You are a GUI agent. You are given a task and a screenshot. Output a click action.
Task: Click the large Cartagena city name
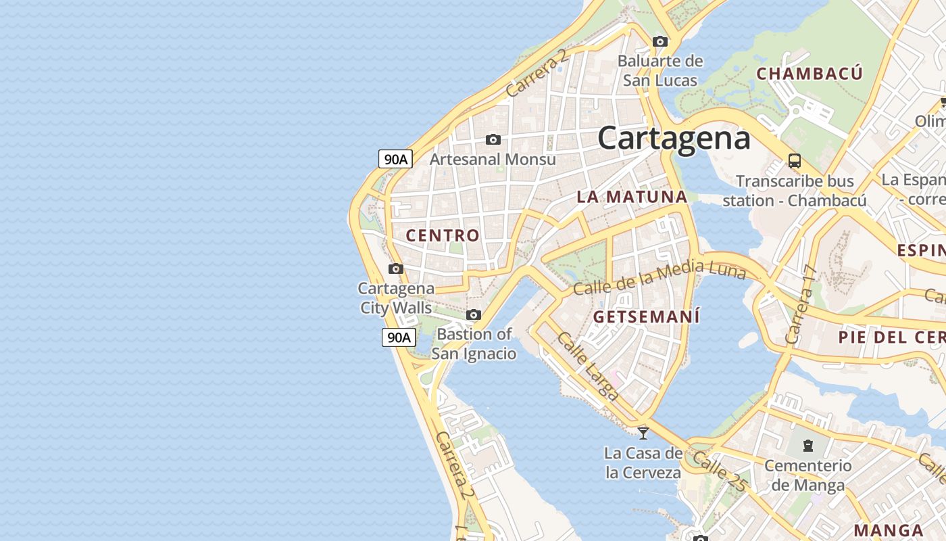[674, 139]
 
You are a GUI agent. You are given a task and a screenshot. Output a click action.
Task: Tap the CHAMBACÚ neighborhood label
[810, 74]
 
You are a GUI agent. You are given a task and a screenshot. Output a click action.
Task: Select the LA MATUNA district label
[632, 197]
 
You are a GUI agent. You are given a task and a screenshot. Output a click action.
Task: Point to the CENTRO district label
[443, 235]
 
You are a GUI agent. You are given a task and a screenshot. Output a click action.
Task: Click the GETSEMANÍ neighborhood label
[646, 316]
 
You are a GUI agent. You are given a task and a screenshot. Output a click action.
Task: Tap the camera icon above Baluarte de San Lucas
[660, 41]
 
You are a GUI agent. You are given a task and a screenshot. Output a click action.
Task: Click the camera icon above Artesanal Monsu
[493, 139]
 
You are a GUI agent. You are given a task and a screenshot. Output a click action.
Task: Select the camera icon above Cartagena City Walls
[396, 268]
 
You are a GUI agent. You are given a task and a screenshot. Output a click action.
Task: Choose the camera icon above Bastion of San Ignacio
[474, 314]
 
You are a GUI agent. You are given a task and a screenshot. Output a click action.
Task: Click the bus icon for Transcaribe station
[795, 161]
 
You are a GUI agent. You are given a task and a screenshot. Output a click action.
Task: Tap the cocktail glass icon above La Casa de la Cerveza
[643, 432]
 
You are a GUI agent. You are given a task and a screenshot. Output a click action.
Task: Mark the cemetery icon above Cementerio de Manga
[807, 445]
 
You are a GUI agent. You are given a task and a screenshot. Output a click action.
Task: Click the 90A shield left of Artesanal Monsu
[395, 159]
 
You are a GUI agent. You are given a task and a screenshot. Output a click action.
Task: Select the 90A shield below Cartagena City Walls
[398, 337]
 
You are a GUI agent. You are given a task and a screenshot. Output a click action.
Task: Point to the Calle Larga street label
[587, 366]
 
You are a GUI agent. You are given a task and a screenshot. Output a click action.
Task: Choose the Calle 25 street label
[719, 471]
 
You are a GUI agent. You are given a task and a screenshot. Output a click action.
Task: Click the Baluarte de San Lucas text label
[659, 70]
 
